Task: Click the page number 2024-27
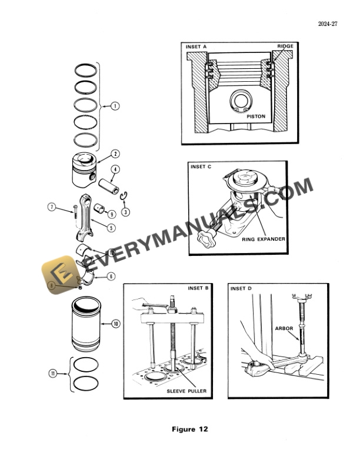[332, 24]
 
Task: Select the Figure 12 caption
[189, 429]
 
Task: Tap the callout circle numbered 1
[115, 106]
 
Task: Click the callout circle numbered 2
[115, 154]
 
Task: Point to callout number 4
[115, 169]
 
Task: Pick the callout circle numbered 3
[125, 211]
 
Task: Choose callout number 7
[52, 207]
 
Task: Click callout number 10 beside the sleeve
[115, 324]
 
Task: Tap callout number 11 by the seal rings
[52, 373]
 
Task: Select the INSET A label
[197, 46]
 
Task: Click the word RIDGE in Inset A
[285, 46]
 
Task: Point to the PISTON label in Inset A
[255, 116]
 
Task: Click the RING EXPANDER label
[264, 240]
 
